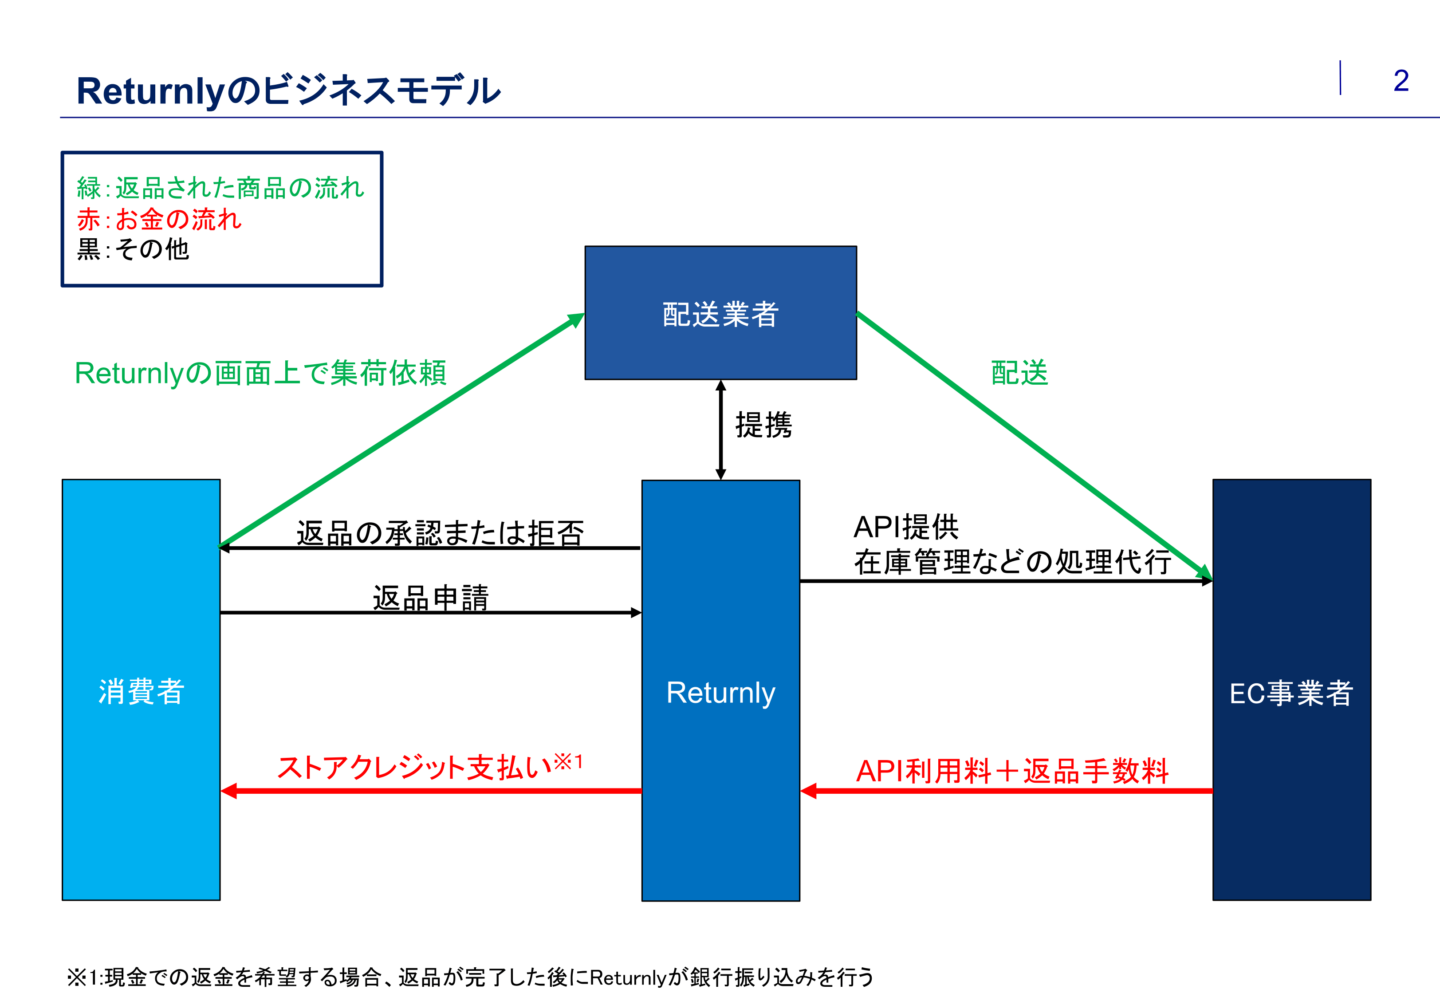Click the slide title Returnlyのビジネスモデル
coord(288,91)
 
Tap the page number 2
coord(1401,81)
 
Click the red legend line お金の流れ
coord(159,219)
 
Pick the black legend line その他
coord(132,249)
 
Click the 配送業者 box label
coord(720,314)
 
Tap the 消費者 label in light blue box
coord(141,692)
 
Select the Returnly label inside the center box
coord(720,692)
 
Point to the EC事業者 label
coord(1291,693)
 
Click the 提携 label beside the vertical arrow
coord(763,426)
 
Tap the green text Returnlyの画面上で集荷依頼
coord(260,373)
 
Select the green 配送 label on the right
coord(1019,373)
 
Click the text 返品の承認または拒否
coord(440,533)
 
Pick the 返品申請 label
coord(430,597)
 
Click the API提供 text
coord(905,527)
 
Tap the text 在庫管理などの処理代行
coord(1011,561)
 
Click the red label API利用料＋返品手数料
coord(1011,771)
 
